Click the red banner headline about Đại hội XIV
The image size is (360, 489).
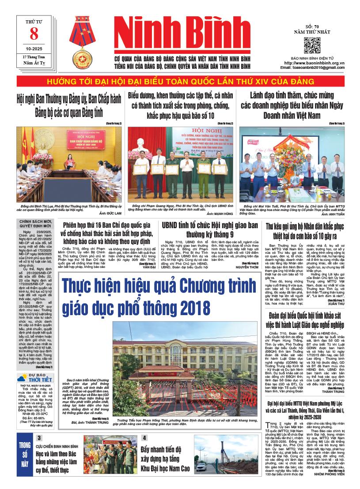(x=180, y=82)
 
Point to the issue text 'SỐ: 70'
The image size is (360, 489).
(x=312, y=27)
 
